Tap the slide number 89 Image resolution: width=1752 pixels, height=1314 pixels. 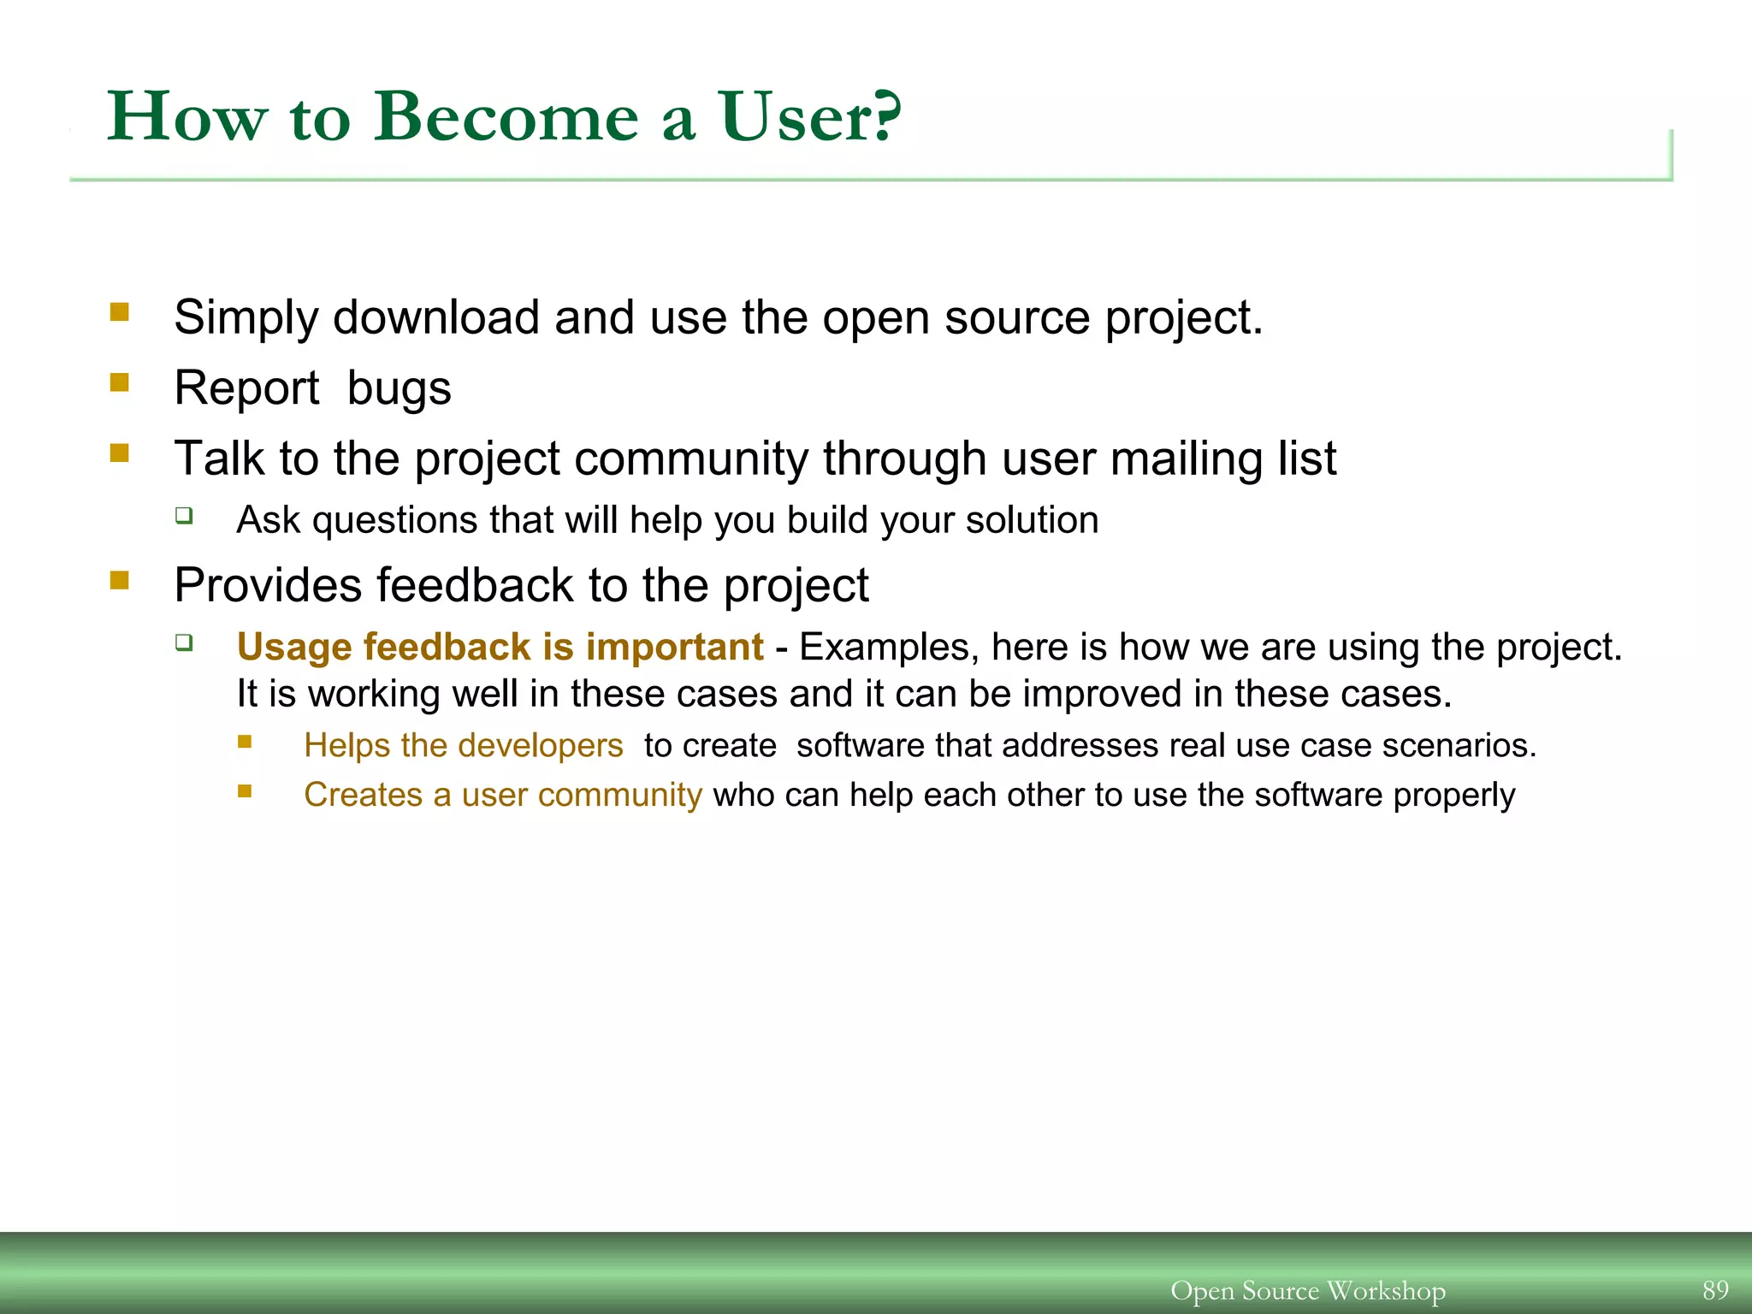tap(1715, 1289)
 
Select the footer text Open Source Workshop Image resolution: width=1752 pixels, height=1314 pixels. tap(1307, 1290)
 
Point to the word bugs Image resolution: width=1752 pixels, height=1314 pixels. tap(399, 389)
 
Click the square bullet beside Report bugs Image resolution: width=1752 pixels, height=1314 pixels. tap(120, 382)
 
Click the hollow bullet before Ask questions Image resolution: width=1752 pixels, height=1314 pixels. tap(184, 515)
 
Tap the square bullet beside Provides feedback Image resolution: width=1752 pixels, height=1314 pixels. tap(120, 581)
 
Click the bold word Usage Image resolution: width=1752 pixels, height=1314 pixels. tap(294, 648)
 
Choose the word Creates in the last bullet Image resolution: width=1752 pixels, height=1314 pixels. tap(363, 796)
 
